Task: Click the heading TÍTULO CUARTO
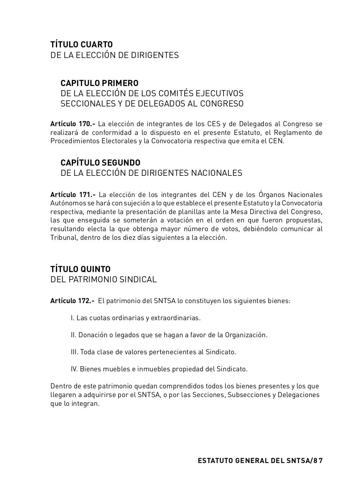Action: pyautogui.click(x=81, y=45)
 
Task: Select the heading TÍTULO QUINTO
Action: pyautogui.click(x=80, y=269)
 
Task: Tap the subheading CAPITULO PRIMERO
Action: pyautogui.click(x=99, y=83)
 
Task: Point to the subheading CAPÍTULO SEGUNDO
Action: pyautogui.click(x=100, y=163)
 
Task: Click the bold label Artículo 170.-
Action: pyautogui.click(x=73, y=124)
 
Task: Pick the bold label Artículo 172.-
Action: pyautogui.click(x=72, y=301)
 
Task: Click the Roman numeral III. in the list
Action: pyautogui.click(x=74, y=352)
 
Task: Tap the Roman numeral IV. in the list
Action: pyautogui.click(x=74, y=369)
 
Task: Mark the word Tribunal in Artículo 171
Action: pyautogui.click(x=63, y=238)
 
